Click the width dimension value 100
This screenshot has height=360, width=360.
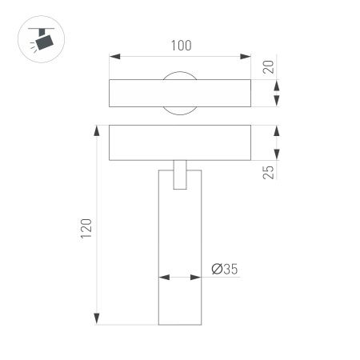(181, 46)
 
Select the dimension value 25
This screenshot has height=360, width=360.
(269, 171)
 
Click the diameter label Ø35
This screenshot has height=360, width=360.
(225, 270)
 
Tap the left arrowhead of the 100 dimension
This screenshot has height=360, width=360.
(114, 57)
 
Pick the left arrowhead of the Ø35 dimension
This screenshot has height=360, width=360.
(163, 278)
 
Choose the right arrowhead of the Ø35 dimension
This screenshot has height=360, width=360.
(197, 278)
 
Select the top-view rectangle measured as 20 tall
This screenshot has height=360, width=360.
(136, 94)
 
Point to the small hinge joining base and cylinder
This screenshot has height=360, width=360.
(180, 177)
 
